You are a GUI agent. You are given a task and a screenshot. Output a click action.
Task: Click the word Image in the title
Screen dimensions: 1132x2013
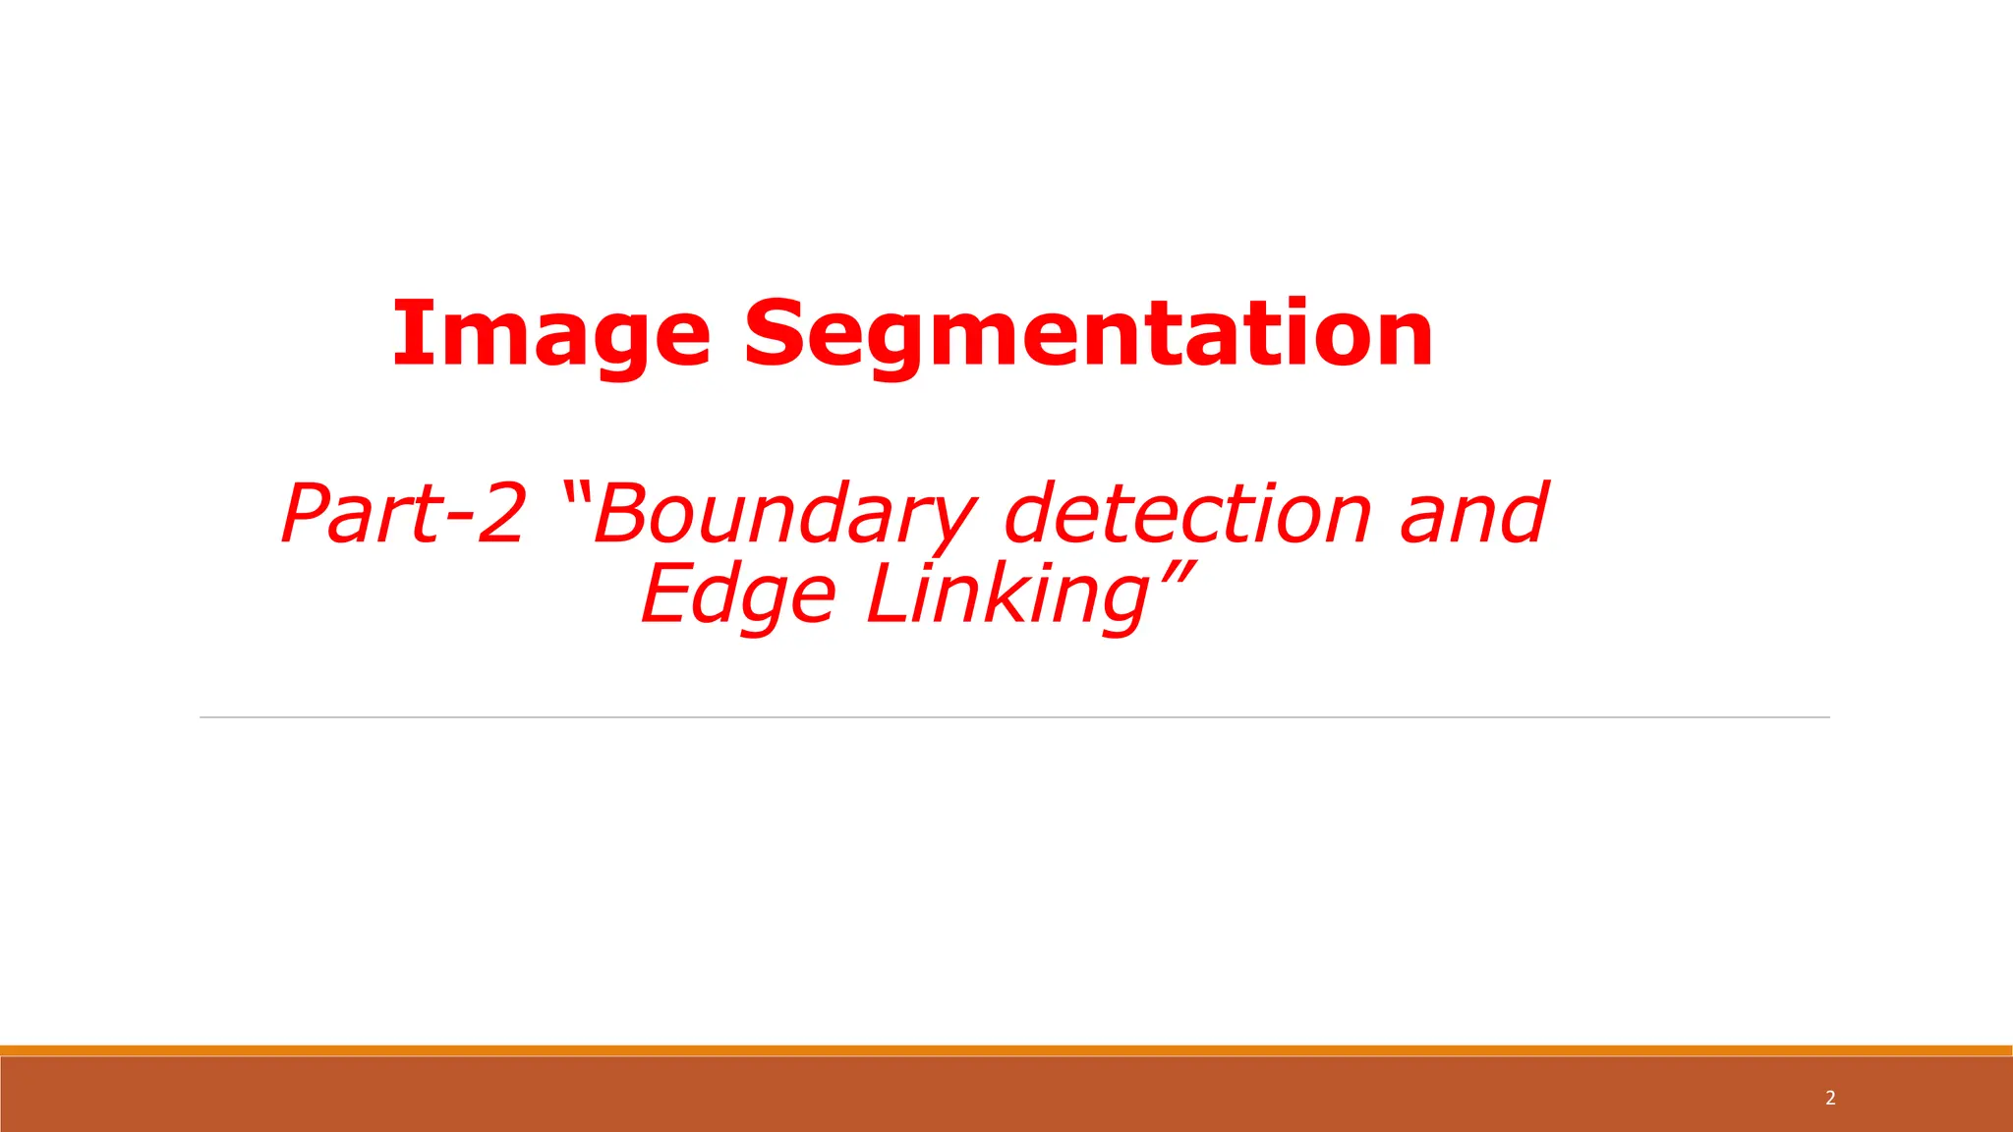pos(550,334)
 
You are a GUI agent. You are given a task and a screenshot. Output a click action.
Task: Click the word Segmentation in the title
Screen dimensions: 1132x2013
pos(1088,334)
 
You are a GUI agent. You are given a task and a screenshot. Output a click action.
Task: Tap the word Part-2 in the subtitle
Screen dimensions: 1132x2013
pos(403,513)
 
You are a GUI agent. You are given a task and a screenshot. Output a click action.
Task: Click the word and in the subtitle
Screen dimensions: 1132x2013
pos(1473,513)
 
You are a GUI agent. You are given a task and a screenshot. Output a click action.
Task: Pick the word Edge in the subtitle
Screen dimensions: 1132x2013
pos(738,595)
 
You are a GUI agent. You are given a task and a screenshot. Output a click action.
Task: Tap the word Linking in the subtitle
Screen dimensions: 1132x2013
pos(1007,595)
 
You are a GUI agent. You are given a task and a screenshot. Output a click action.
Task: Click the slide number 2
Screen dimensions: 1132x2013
pos(1830,1098)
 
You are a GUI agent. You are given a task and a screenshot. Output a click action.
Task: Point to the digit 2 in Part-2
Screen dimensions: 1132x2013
pos(500,513)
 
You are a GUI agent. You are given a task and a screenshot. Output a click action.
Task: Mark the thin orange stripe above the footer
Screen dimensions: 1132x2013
pos(1006,1050)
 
